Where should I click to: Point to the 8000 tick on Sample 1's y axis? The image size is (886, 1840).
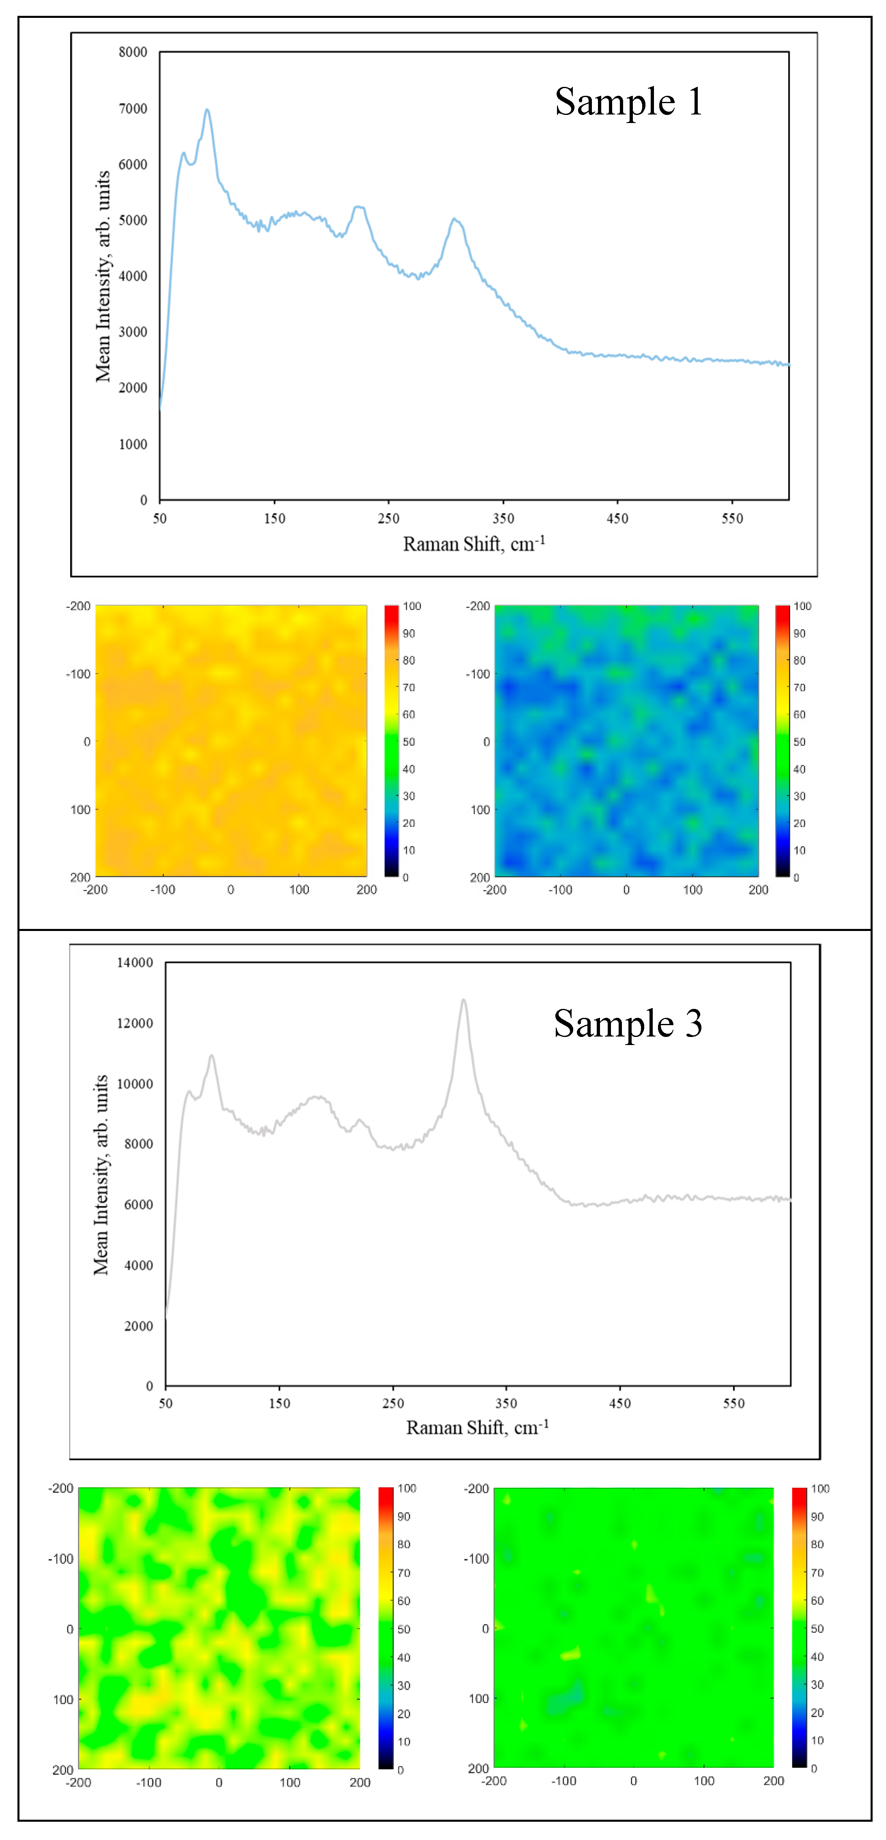click(133, 52)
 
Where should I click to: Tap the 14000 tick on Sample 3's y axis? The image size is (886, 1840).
click(135, 963)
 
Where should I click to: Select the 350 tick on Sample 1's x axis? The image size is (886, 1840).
click(503, 518)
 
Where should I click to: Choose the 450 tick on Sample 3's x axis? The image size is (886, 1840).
click(620, 1404)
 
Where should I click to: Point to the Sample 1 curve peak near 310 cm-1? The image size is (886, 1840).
click(454, 219)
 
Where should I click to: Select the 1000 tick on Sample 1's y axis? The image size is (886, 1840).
click(133, 444)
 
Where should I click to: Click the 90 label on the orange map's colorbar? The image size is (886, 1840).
click(409, 634)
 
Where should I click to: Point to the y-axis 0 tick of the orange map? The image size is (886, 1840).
click(87, 741)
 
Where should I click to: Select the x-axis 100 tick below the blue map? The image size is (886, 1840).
click(692, 890)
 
